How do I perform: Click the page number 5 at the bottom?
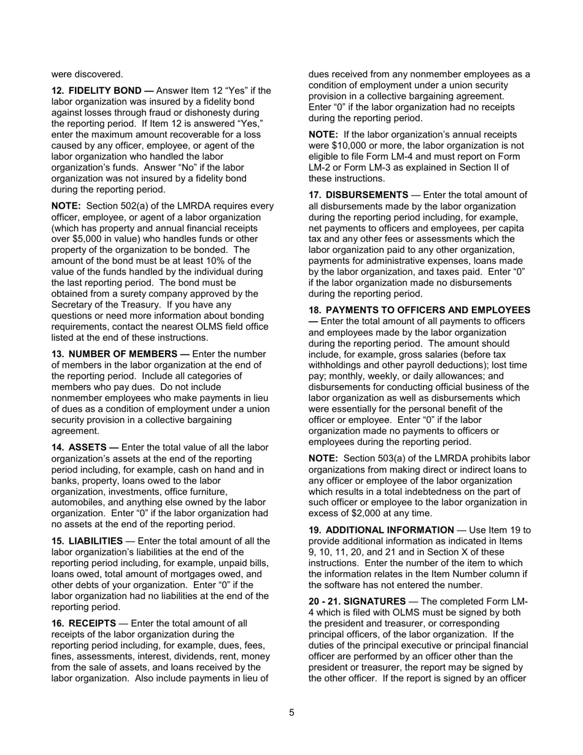pos(291,713)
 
